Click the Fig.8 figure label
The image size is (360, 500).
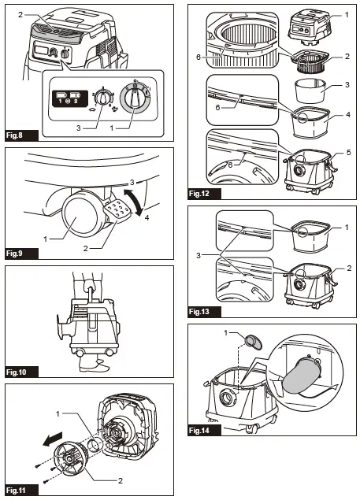17,136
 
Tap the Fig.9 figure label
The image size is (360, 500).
17,254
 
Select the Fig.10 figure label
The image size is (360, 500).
18,371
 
